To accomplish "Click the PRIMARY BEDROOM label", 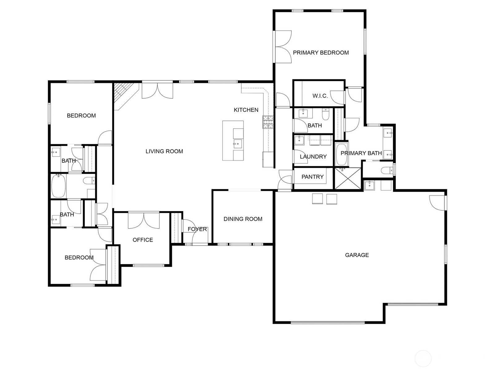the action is (x=321, y=53).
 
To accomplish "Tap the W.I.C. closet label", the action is (x=320, y=96).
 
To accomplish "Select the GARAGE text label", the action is (x=357, y=255).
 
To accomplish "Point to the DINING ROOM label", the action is (x=243, y=219).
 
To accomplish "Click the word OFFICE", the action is (x=143, y=240).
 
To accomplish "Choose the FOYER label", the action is (x=197, y=229).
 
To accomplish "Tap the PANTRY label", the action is (x=312, y=177).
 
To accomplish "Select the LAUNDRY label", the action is (x=313, y=156).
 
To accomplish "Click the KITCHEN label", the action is (x=246, y=110).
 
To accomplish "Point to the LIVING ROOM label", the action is (x=164, y=151).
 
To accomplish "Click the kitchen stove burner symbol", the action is (x=268, y=122).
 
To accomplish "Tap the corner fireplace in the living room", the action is (x=126, y=96).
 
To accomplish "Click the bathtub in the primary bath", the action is (x=342, y=155).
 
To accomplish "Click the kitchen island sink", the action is (x=238, y=144).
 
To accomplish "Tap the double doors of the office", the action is (x=144, y=220).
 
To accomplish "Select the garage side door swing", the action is (x=437, y=203).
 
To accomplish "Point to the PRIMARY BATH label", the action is (x=361, y=153).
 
